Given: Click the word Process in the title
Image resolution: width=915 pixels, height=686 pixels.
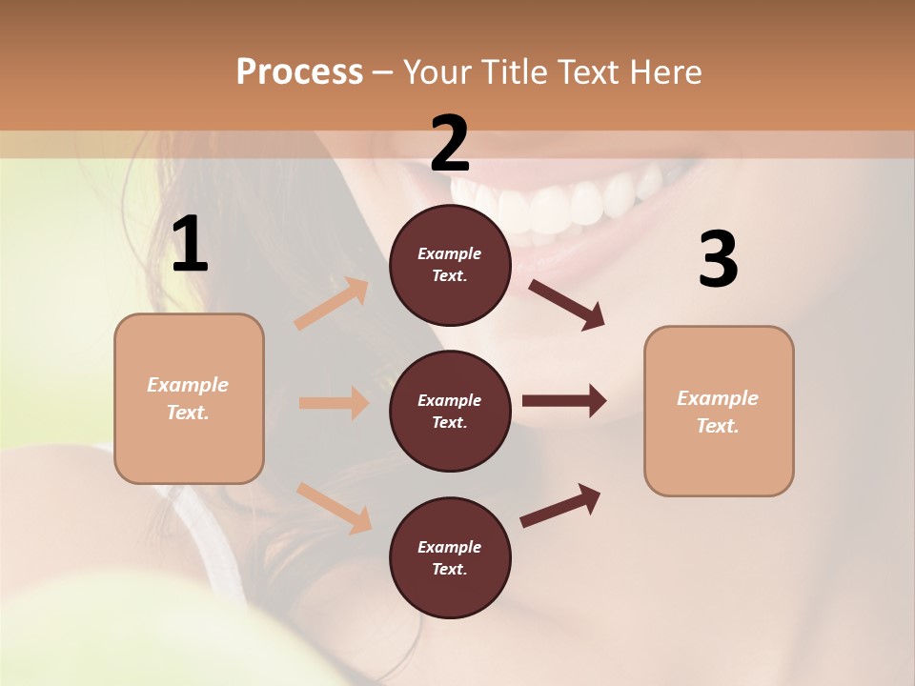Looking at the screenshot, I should [x=299, y=72].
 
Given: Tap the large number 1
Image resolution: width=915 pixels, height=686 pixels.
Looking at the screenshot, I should [x=190, y=246].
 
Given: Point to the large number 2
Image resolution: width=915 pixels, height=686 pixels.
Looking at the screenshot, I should [x=450, y=143].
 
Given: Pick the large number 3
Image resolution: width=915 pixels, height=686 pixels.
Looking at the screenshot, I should [x=718, y=260].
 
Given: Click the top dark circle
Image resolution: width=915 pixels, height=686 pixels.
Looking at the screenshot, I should [x=450, y=265].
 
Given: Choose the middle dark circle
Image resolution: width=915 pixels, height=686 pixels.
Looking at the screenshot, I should [x=450, y=411].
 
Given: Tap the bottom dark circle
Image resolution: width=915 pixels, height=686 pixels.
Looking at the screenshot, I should [x=450, y=557].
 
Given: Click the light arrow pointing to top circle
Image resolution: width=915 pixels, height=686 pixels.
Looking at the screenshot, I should [x=332, y=304].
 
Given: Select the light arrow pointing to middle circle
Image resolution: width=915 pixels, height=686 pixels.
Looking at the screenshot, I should [x=334, y=403].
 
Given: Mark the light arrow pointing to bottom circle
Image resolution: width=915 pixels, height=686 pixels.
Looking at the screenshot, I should [x=335, y=508].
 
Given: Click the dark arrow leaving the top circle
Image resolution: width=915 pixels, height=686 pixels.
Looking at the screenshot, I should [x=566, y=305].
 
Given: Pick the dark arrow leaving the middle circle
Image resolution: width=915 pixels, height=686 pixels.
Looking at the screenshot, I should [x=564, y=401].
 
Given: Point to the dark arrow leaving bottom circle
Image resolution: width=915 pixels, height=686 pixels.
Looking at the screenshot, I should [x=560, y=505].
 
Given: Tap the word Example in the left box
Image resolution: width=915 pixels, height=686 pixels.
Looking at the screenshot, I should [x=188, y=385].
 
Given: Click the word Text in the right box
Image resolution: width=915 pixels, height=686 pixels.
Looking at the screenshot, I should [x=717, y=426].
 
